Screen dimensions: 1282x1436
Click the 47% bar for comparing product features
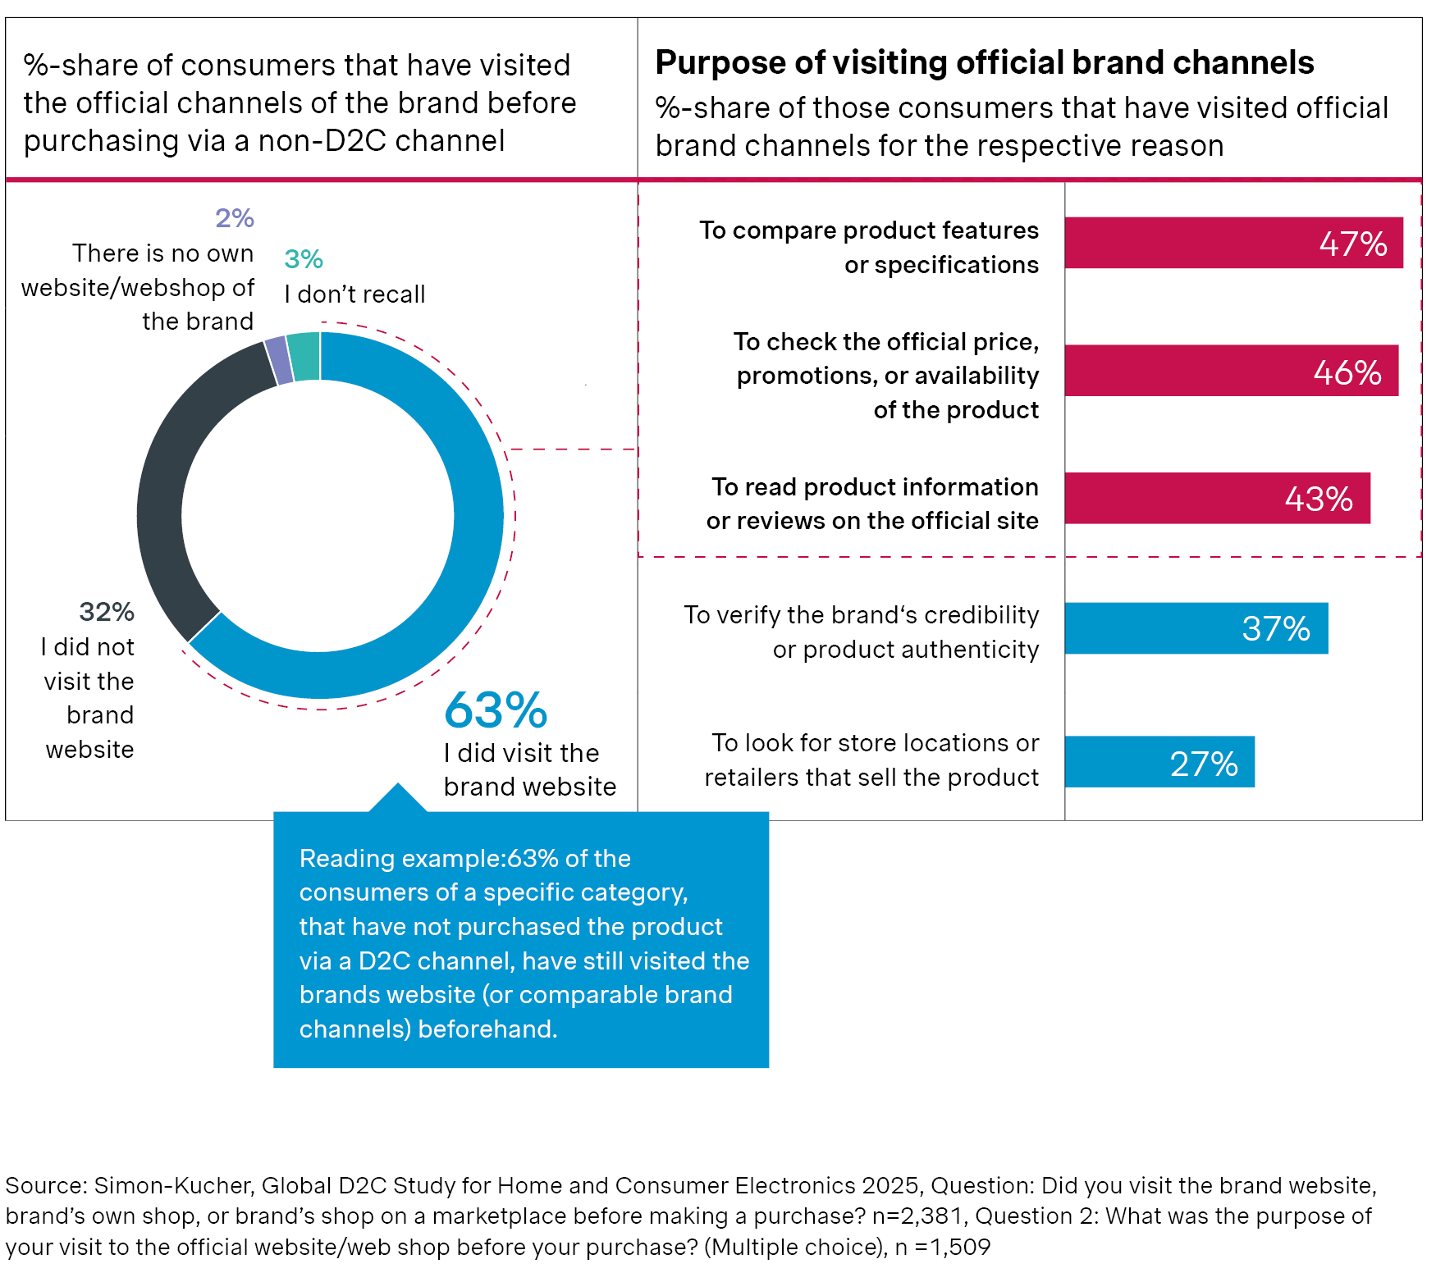(x=1233, y=243)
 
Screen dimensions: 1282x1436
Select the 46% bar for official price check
(x=1231, y=371)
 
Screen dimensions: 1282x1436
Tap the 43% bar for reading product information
(x=1217, y=498)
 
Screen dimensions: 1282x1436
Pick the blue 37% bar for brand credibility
(x=1196, y=628)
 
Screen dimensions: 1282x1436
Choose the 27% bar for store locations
(x=1159, y=762)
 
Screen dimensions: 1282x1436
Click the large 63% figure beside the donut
(x=496, y=710)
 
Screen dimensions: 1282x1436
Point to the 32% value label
(x=107, y=612)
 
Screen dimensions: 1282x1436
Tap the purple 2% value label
(x=235, y=218)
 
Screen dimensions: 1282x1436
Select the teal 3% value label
(x=304, y=259)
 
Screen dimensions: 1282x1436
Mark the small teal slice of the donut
(x=304, y=356)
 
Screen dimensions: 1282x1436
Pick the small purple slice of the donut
(x=279, y=360)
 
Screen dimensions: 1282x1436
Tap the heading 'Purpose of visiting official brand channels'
(x=984, y=62)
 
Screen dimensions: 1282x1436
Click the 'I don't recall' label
(x=354, y=294)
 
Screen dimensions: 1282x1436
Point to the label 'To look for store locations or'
(x=875, y=743)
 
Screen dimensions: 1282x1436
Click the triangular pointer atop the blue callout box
(x=398, y=799)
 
